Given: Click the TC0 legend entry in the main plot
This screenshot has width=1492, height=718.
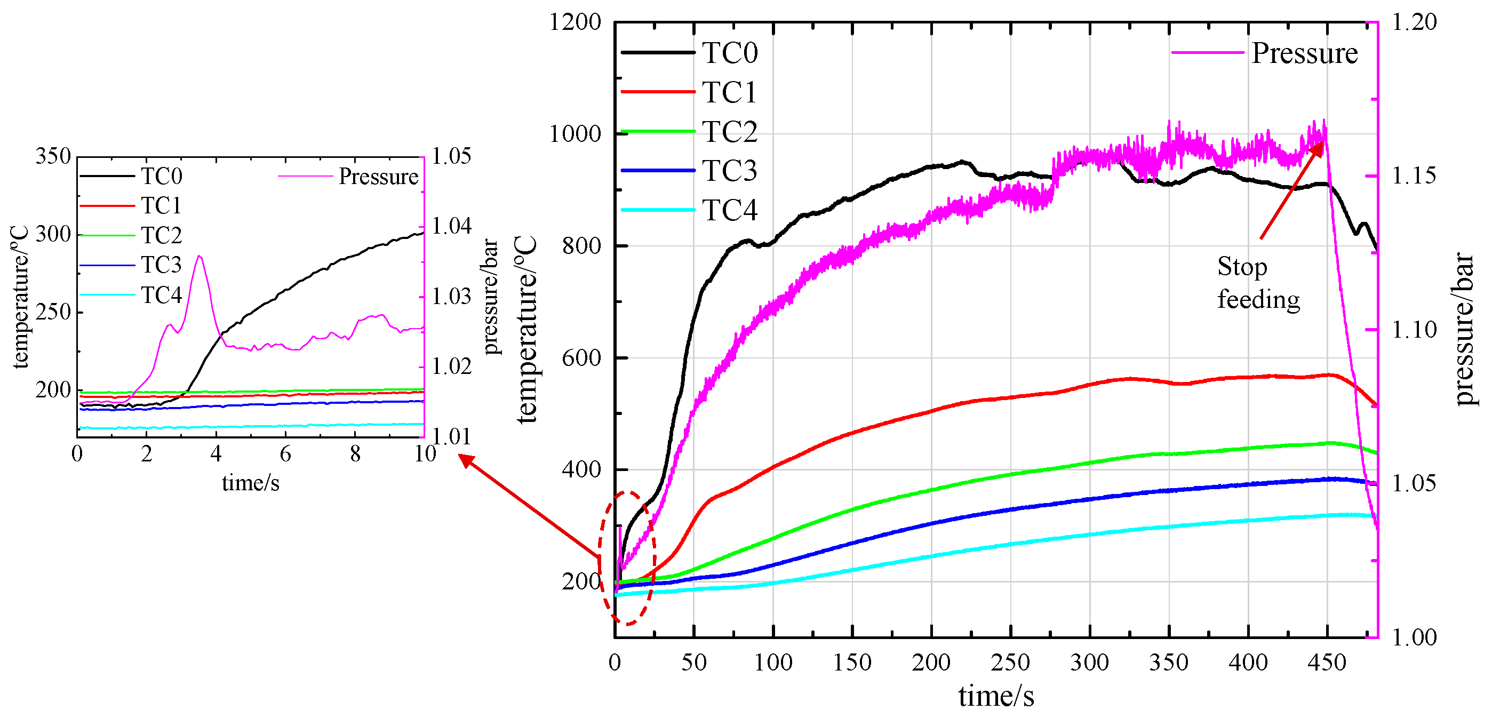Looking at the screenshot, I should [x=729, y=53].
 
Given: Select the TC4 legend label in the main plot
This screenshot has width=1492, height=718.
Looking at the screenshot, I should [x=729, y=210].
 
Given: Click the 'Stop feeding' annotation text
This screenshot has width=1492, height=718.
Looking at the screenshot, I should [x=1258, y=283].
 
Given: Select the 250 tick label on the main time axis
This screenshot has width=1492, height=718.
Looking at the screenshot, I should [x=1010, y=663].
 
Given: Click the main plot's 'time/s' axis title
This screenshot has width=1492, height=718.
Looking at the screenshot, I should [x=995, y=696].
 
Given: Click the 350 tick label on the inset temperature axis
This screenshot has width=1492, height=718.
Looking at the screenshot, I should [x=53, y=156].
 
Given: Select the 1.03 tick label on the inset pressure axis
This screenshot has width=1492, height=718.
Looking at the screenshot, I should [x=452, y=297].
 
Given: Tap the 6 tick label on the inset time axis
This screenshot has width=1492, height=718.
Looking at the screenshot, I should [x=285, y=454].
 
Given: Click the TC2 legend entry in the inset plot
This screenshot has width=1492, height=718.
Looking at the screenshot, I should [x=161, y=235].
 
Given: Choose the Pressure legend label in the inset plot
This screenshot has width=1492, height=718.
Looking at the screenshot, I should [x=378, y=176].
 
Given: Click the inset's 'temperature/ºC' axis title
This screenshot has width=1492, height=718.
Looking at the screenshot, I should [x=20, y=297].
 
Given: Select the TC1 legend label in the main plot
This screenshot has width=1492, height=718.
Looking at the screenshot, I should [x=729, y=92].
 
